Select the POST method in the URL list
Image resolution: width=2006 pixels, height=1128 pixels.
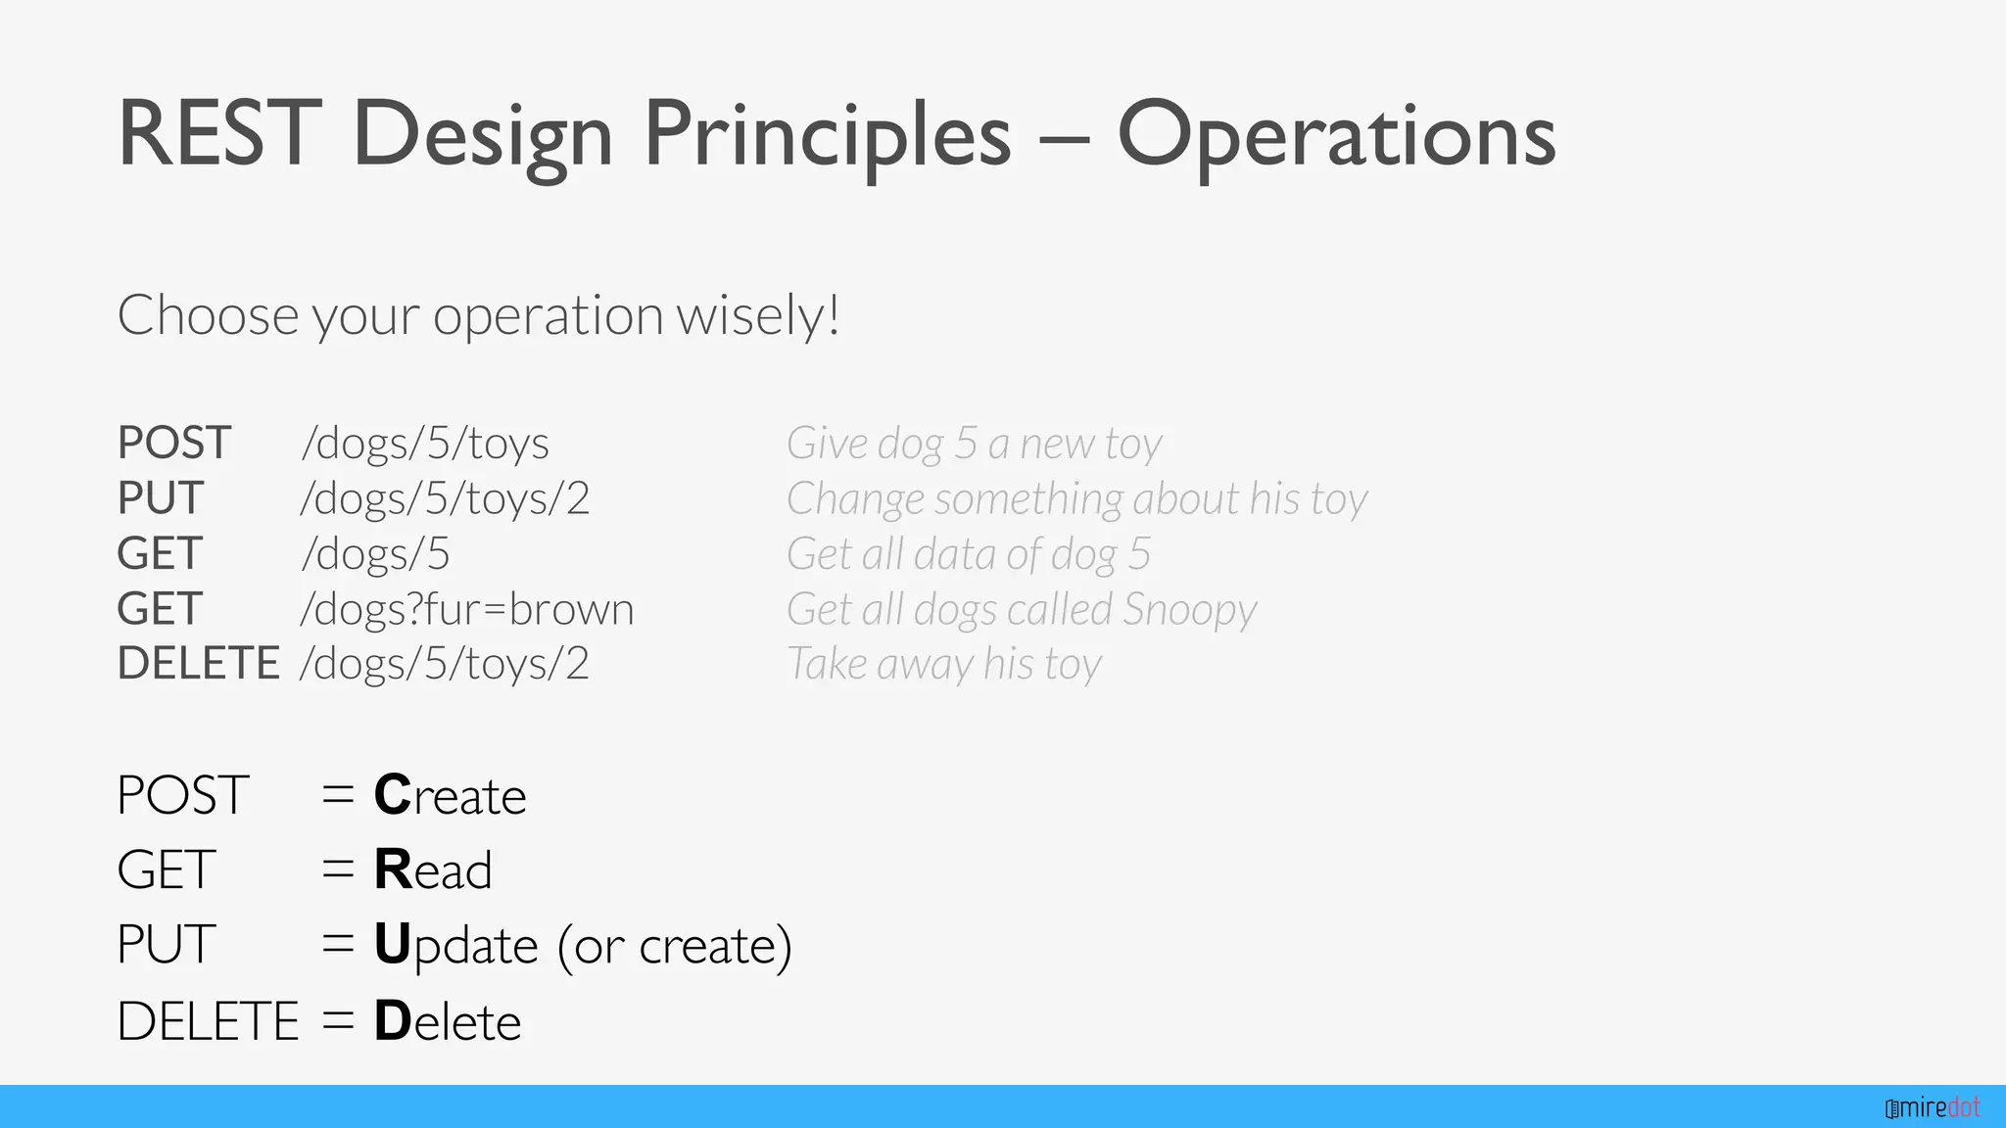coord(174,444)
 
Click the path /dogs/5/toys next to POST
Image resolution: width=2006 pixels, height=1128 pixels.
coord(425,444)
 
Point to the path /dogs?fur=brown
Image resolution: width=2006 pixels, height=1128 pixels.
coord(467,609)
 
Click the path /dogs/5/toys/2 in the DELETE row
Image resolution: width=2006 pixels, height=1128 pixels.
coord(445,664)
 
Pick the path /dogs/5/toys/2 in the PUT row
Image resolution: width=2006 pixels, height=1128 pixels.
coord(445,498)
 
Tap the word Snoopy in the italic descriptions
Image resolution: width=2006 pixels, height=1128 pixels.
coord(1189,609)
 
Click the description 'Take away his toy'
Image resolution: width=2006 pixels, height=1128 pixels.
coord(944,664)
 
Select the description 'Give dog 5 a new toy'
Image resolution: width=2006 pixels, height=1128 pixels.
coord(974,444)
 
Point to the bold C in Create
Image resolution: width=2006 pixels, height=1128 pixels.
coord(393,795)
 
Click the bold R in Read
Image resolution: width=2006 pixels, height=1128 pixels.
coord(393,869)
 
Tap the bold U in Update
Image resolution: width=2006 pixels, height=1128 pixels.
coord(392,945)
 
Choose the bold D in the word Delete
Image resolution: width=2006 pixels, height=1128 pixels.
coord(392,1021)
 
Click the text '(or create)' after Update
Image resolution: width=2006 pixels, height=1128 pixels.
coord(675,946)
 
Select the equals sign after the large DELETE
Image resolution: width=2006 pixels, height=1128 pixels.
coord(338,1021)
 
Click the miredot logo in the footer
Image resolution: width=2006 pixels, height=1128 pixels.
coord(1933,1108)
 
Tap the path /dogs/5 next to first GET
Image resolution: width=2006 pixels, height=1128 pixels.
coord(376,554)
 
